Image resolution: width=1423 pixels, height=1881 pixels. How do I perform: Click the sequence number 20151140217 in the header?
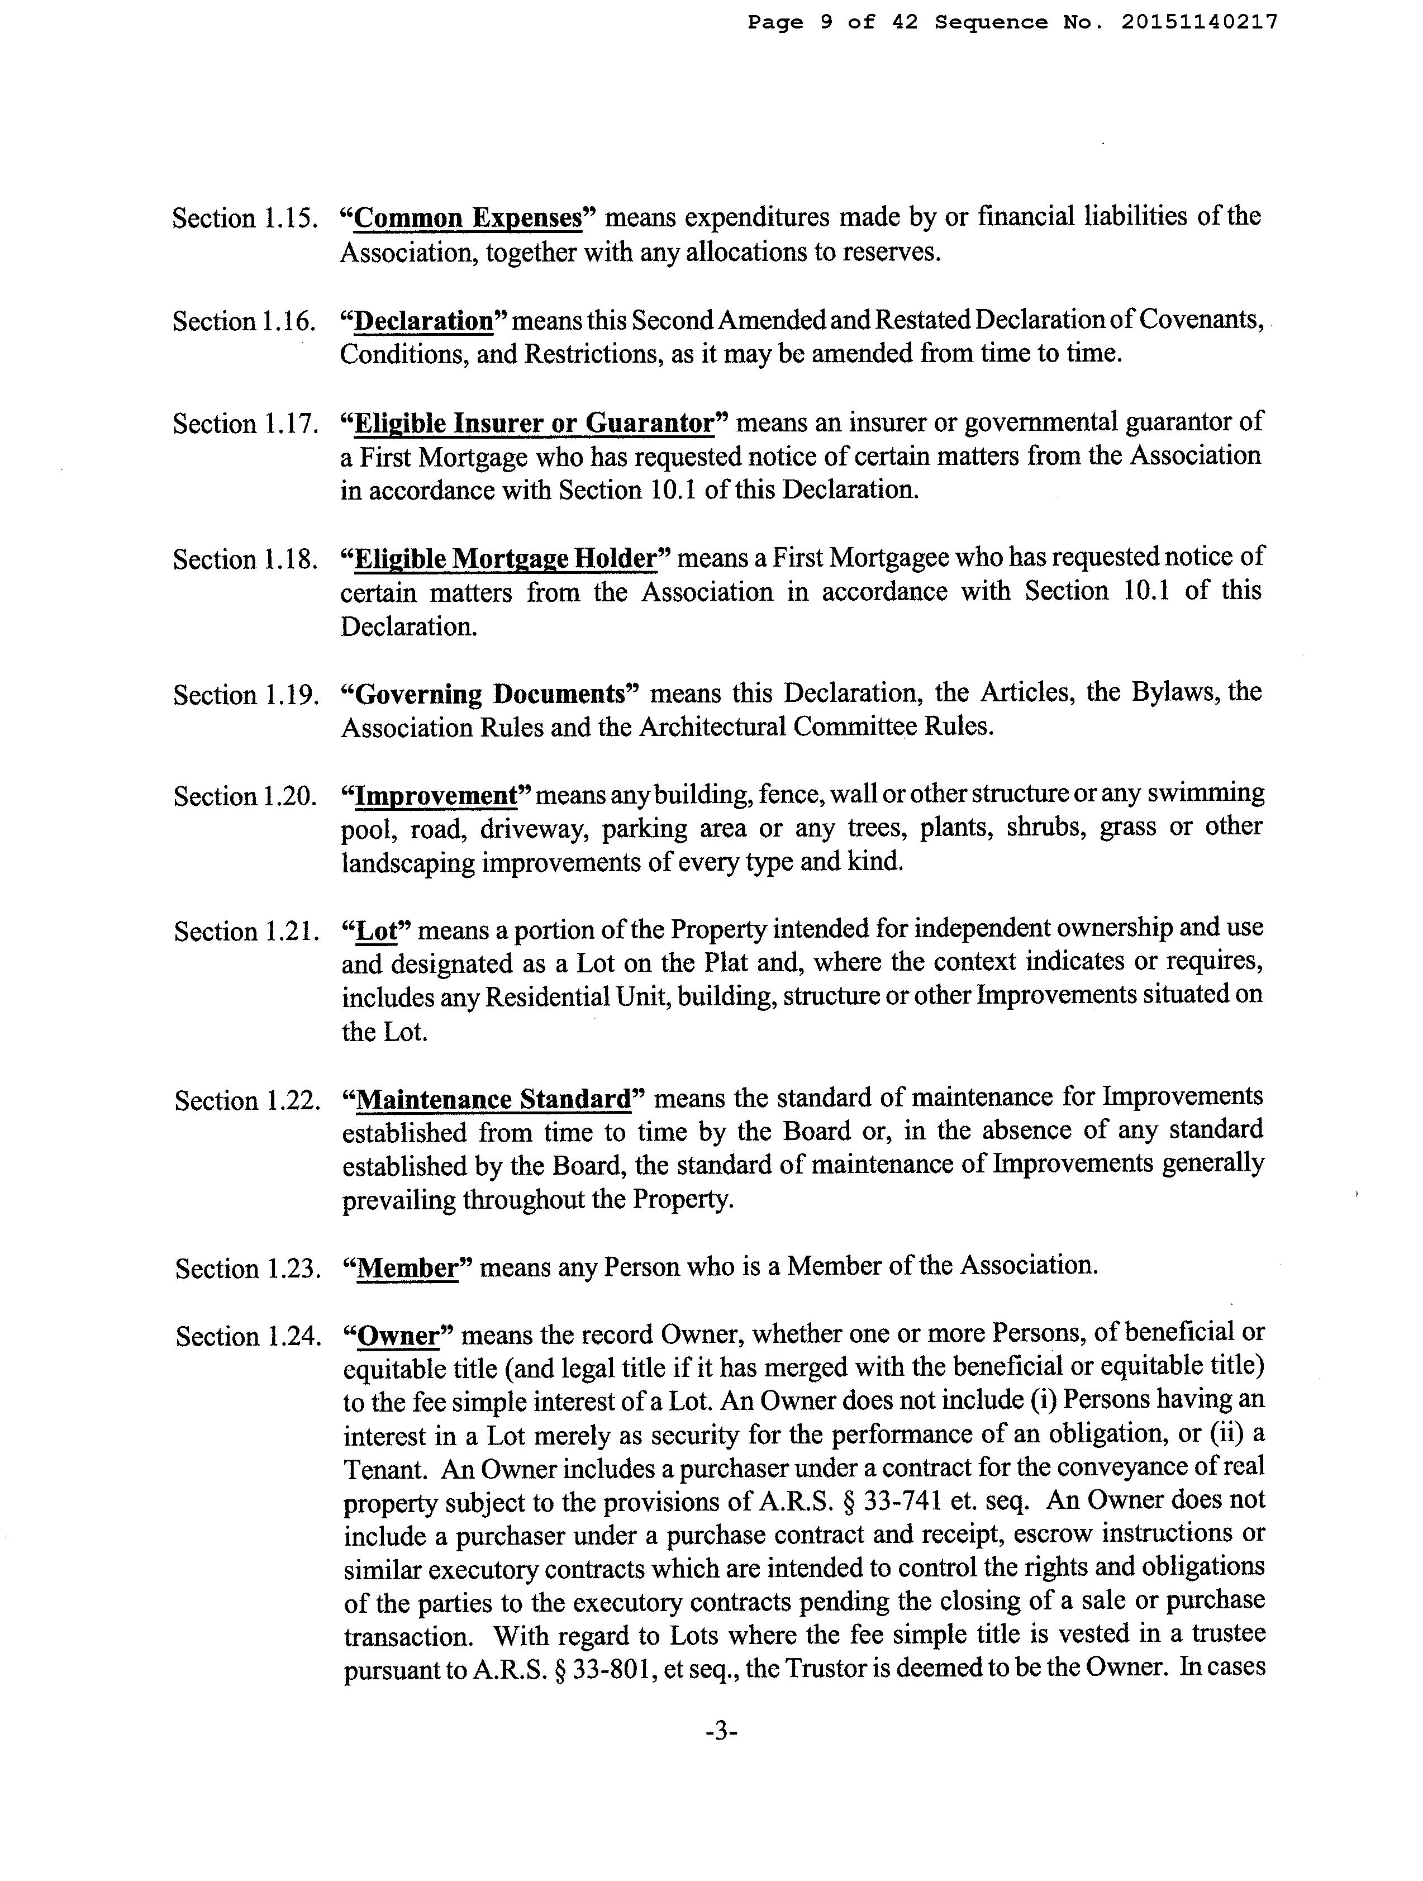(x=1198, y=22)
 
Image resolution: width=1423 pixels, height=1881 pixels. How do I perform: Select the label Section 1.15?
(x=245, y=218)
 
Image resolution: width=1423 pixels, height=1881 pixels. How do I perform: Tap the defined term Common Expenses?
(x=468, y=218)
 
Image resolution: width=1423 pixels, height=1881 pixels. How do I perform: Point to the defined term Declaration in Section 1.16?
(x=423, y=321)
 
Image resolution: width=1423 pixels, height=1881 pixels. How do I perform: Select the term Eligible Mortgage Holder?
(x=506, y=559)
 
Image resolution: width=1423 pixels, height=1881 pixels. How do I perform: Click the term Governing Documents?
(x=489, y=694)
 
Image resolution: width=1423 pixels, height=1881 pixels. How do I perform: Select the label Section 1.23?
(x=248, y=1269)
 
